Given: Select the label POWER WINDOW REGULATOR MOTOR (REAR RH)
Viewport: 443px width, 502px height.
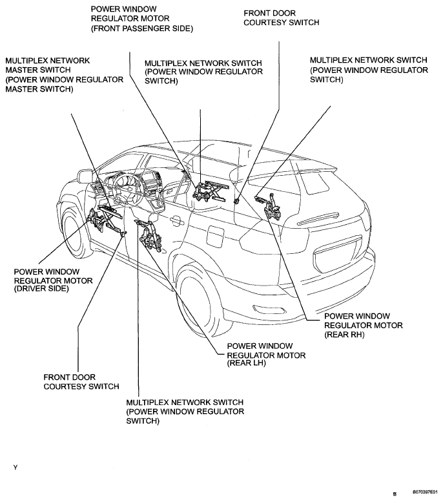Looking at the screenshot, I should (363, 325).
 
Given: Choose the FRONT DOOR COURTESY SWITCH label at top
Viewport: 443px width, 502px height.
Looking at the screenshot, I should (281, 17).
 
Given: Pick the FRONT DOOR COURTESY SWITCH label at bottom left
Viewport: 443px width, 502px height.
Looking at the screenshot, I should (81, 381).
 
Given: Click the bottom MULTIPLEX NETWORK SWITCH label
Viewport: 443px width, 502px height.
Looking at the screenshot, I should (185, 412).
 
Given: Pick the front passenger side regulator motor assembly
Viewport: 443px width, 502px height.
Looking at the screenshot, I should (210, 191).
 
